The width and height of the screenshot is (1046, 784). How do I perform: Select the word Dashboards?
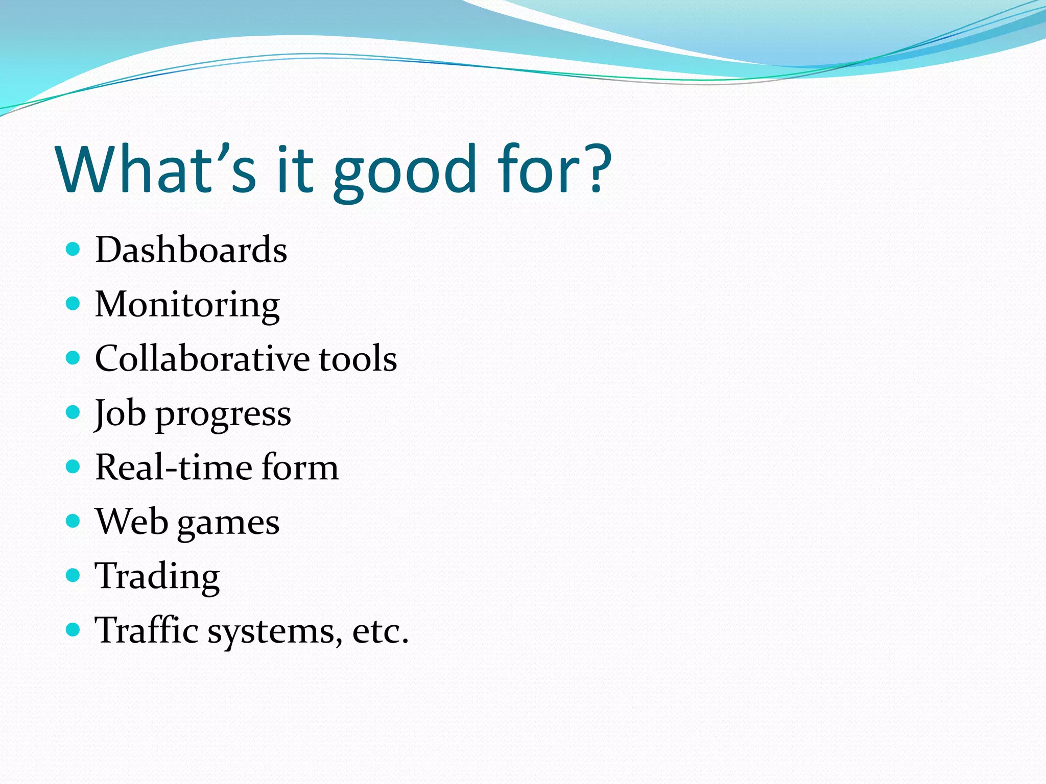click(191, 250)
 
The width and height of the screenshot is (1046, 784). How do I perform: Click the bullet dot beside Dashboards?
click(74, 249)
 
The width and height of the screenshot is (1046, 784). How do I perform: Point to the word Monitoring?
click(187, 305)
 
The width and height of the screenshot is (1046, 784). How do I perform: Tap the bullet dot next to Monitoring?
click(74, 304)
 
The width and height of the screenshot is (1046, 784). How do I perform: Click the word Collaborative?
click(202, 358)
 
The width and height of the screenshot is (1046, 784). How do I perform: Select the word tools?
click(358, 358)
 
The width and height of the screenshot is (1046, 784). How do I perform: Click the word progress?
click(223, 414)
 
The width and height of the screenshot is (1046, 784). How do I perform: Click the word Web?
click(131, 522)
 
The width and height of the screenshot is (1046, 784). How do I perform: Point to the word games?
click(228, 524)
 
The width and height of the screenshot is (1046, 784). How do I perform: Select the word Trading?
click(157, 577)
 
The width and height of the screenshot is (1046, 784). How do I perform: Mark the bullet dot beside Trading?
click(74, 576)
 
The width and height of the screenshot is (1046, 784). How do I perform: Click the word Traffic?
click(147, 630)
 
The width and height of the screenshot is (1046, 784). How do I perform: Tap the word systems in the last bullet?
click(275, 632)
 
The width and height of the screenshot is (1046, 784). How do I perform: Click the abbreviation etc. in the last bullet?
click(381, 632)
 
